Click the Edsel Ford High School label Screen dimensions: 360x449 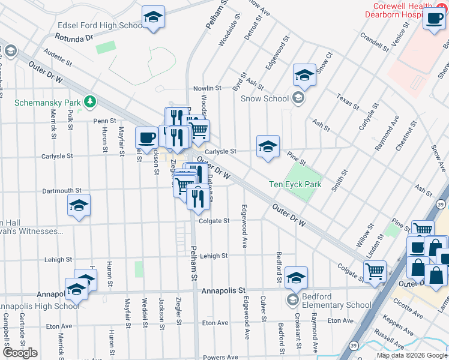click(100, 25)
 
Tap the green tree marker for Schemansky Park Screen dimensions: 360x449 click(90, 101)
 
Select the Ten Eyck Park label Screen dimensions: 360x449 click(295, 184)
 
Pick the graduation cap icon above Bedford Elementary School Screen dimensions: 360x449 click(295, 277)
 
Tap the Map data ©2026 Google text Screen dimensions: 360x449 click(412, 356)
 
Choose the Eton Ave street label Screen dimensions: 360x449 click(215, 323)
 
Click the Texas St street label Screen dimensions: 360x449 click(346, 101)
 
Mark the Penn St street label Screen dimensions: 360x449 click(100, 121)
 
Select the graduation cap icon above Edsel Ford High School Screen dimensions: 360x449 click(153, 17)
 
